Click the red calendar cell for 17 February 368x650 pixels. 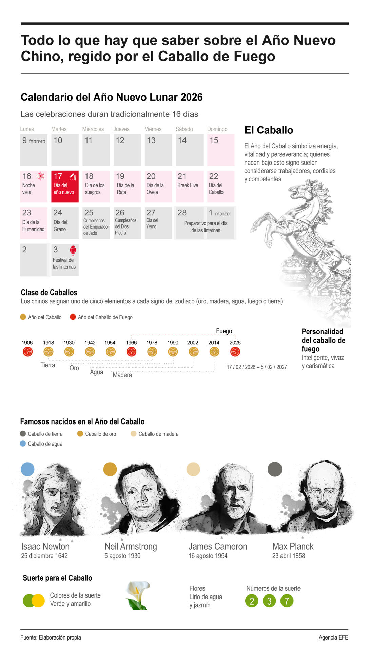[x=65, y=186]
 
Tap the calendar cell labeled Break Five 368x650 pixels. [x=189, y=186]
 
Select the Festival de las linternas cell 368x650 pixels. [x=65, y=260]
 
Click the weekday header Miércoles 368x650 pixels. [x=93, y=129]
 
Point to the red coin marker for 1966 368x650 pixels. [x=131, y=352]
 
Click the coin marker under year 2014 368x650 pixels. [x=214, y=352]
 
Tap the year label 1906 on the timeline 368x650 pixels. [x=27, y=343]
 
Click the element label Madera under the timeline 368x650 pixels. [x=122, y=375]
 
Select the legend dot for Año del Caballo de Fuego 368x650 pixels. [x=73, y=317]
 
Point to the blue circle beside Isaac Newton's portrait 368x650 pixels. [x=27, y=469]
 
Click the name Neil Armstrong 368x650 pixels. [x=131, y=546]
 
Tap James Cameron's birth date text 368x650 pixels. [x=208, y=556]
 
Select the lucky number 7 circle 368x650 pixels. [x=287, y=601]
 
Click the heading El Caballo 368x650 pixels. [x=269, y=130]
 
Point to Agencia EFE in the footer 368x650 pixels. [x=333, y=637]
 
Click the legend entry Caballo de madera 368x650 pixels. [x=158, y=434]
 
